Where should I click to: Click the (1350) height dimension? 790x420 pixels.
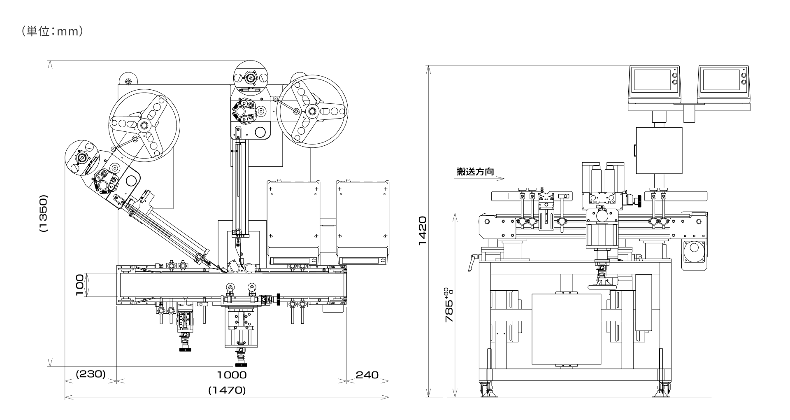[x=44, y=214]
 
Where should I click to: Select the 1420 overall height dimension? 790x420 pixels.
[x=423, y=231]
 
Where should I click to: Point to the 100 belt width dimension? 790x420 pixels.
[x=80, y=285]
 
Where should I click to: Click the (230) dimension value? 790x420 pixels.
[x=91, y=374]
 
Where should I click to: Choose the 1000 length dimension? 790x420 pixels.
[x=232, y=375]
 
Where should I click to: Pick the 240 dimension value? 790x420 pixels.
[x=367, y=375]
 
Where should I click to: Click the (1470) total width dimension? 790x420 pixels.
[x=227, y=390]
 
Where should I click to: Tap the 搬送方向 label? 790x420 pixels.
[x=475, y=171]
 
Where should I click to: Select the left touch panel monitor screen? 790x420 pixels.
[x=651, y=80]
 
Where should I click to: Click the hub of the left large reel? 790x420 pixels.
[x=144, y=125]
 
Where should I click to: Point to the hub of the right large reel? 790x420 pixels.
[x=311, y=111]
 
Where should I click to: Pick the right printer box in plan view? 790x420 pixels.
[x=362, y=223]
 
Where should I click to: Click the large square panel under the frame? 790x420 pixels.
[x=566, y=329]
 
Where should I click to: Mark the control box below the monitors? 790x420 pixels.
[x=659, y=150]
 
